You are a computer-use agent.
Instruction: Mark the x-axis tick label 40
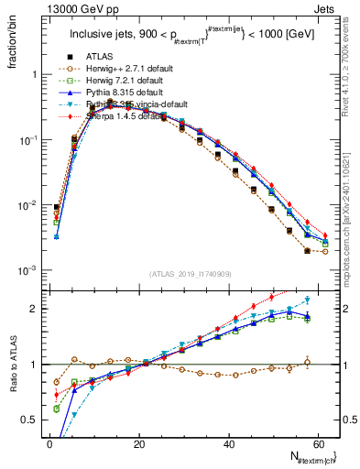tap(227, 443)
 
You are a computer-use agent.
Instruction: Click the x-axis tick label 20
tap(138, 443)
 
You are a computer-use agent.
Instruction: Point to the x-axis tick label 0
tap(49, 443)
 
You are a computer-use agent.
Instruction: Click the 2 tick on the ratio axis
tap(37, 309)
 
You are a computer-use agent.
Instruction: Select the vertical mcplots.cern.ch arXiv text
tap(352, 211)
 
